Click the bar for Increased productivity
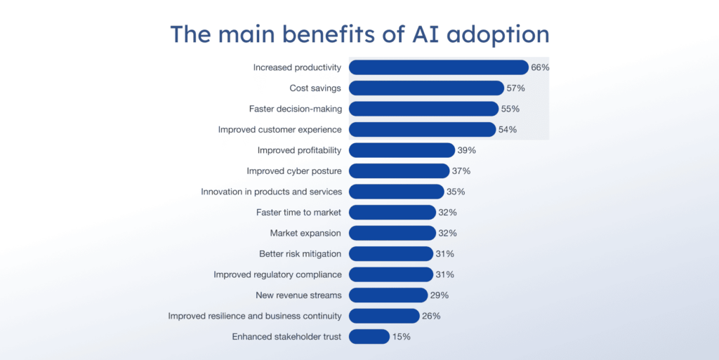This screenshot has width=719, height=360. pos(438,67)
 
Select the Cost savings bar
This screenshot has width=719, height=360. pos(426,88)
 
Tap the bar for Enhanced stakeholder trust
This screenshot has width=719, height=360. pos(369,337)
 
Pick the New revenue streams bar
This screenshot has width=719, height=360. pos(388,295)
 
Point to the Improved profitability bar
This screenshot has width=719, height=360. pos(402,150)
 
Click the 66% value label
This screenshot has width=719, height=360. pos(540,67)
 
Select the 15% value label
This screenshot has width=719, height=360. pos(402,337)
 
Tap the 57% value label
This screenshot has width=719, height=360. pos(516,88)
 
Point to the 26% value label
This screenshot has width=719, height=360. pos(431,316)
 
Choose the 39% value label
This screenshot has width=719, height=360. pos(467,150)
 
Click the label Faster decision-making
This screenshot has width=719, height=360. pos(295,109)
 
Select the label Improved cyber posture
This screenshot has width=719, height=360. pos(293,171)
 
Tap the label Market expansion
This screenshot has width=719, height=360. pos(305,233)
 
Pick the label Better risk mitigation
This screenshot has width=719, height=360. pos(300,253)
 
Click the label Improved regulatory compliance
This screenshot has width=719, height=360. pos(277,274)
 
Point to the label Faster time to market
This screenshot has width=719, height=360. pos(298,212)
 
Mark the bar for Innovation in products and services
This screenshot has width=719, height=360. pos(396,192)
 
